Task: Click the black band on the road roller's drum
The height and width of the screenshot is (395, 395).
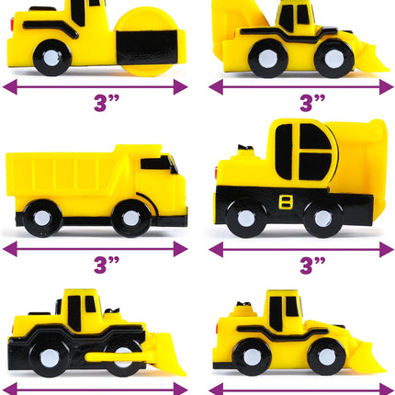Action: (x=147, y=48)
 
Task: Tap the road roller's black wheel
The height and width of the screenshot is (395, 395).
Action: (x=52, y=58)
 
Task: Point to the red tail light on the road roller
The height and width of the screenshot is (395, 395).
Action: (x=12, y=24)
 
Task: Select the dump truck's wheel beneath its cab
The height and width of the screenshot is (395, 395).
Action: (x=131, y=218)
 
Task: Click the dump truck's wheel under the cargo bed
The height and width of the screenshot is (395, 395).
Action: (x=42, y=218)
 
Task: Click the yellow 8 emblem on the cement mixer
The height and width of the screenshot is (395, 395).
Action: (x=286, y=202)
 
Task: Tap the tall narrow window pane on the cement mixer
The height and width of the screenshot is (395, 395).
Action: (x=284, y=152)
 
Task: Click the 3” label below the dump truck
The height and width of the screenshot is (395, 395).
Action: (x=107, y=265)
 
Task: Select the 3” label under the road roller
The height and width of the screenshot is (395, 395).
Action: (x=107, y=103)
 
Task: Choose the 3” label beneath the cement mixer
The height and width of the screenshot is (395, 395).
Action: (x=312, y=265)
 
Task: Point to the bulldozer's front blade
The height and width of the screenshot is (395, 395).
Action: (x=169, y=355)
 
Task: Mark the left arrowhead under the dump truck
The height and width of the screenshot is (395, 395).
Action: (x=10, y=249)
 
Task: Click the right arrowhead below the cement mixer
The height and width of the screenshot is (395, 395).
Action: (x=386, y=250)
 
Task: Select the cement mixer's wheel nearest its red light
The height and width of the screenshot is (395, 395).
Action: (x=246, y=218)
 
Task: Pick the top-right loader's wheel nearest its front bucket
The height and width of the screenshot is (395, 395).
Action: (x=334, y=59)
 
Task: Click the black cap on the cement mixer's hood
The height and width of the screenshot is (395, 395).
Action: (x=245, y=148)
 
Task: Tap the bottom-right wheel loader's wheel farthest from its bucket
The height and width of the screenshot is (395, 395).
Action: (x=252, y=357)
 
